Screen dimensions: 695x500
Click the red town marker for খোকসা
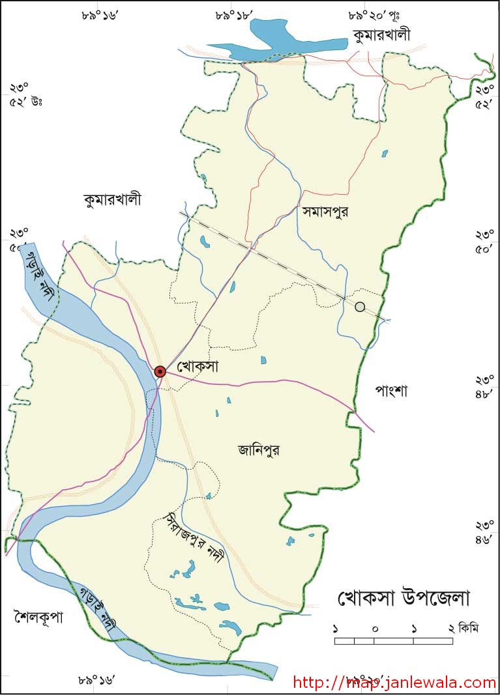point(160,371)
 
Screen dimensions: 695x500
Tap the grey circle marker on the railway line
point(360,307)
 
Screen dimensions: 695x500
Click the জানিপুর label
point(259,449)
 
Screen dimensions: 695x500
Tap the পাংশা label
point(391,391)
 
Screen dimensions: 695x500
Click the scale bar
point(394,641)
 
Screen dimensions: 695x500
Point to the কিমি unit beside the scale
point(468,629)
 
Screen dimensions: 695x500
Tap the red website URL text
point(394,683)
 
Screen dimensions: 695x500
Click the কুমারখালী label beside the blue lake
point(381,35)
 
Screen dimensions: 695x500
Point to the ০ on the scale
point(375,629)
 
